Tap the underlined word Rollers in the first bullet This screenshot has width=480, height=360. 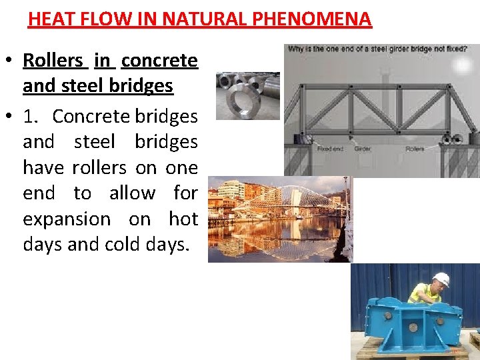tap(53, 61)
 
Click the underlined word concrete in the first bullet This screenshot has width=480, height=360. tap(159, 61)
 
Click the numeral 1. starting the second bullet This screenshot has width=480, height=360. tap(33, 117)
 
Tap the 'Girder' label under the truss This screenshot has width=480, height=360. tap(363, 149)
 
